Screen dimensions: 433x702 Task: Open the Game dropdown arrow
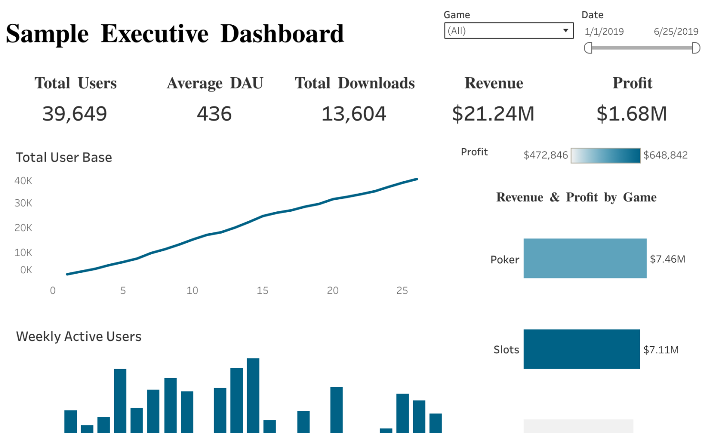[565, 31]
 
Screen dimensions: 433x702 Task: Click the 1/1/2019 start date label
[604, 31]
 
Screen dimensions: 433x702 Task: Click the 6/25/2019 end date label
[676, 31]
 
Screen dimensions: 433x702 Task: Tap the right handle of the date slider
[696, 48]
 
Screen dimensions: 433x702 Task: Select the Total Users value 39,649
[75, 113]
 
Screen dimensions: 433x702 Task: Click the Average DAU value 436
[214, 113]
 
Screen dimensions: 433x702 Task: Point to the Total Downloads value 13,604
[354, 113]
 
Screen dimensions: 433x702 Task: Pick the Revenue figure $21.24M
[493, 113]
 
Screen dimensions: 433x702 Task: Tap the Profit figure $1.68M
[632, 113]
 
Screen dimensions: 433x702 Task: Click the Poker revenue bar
[585, 258]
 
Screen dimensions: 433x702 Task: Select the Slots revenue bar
[581, 349]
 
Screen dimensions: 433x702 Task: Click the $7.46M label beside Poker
[668, 259]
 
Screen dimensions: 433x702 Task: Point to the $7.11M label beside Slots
[661, 350]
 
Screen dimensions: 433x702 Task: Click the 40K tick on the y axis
[23, 181]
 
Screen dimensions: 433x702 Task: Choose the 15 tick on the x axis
[262, 290]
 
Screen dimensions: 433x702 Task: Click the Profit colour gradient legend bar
[605, 155]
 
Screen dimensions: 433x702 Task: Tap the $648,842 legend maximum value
[665, 155]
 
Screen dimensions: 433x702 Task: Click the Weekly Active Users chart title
[79, 337]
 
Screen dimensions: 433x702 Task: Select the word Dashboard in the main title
[282, 34]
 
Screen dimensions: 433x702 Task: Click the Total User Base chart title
[64, 157]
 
